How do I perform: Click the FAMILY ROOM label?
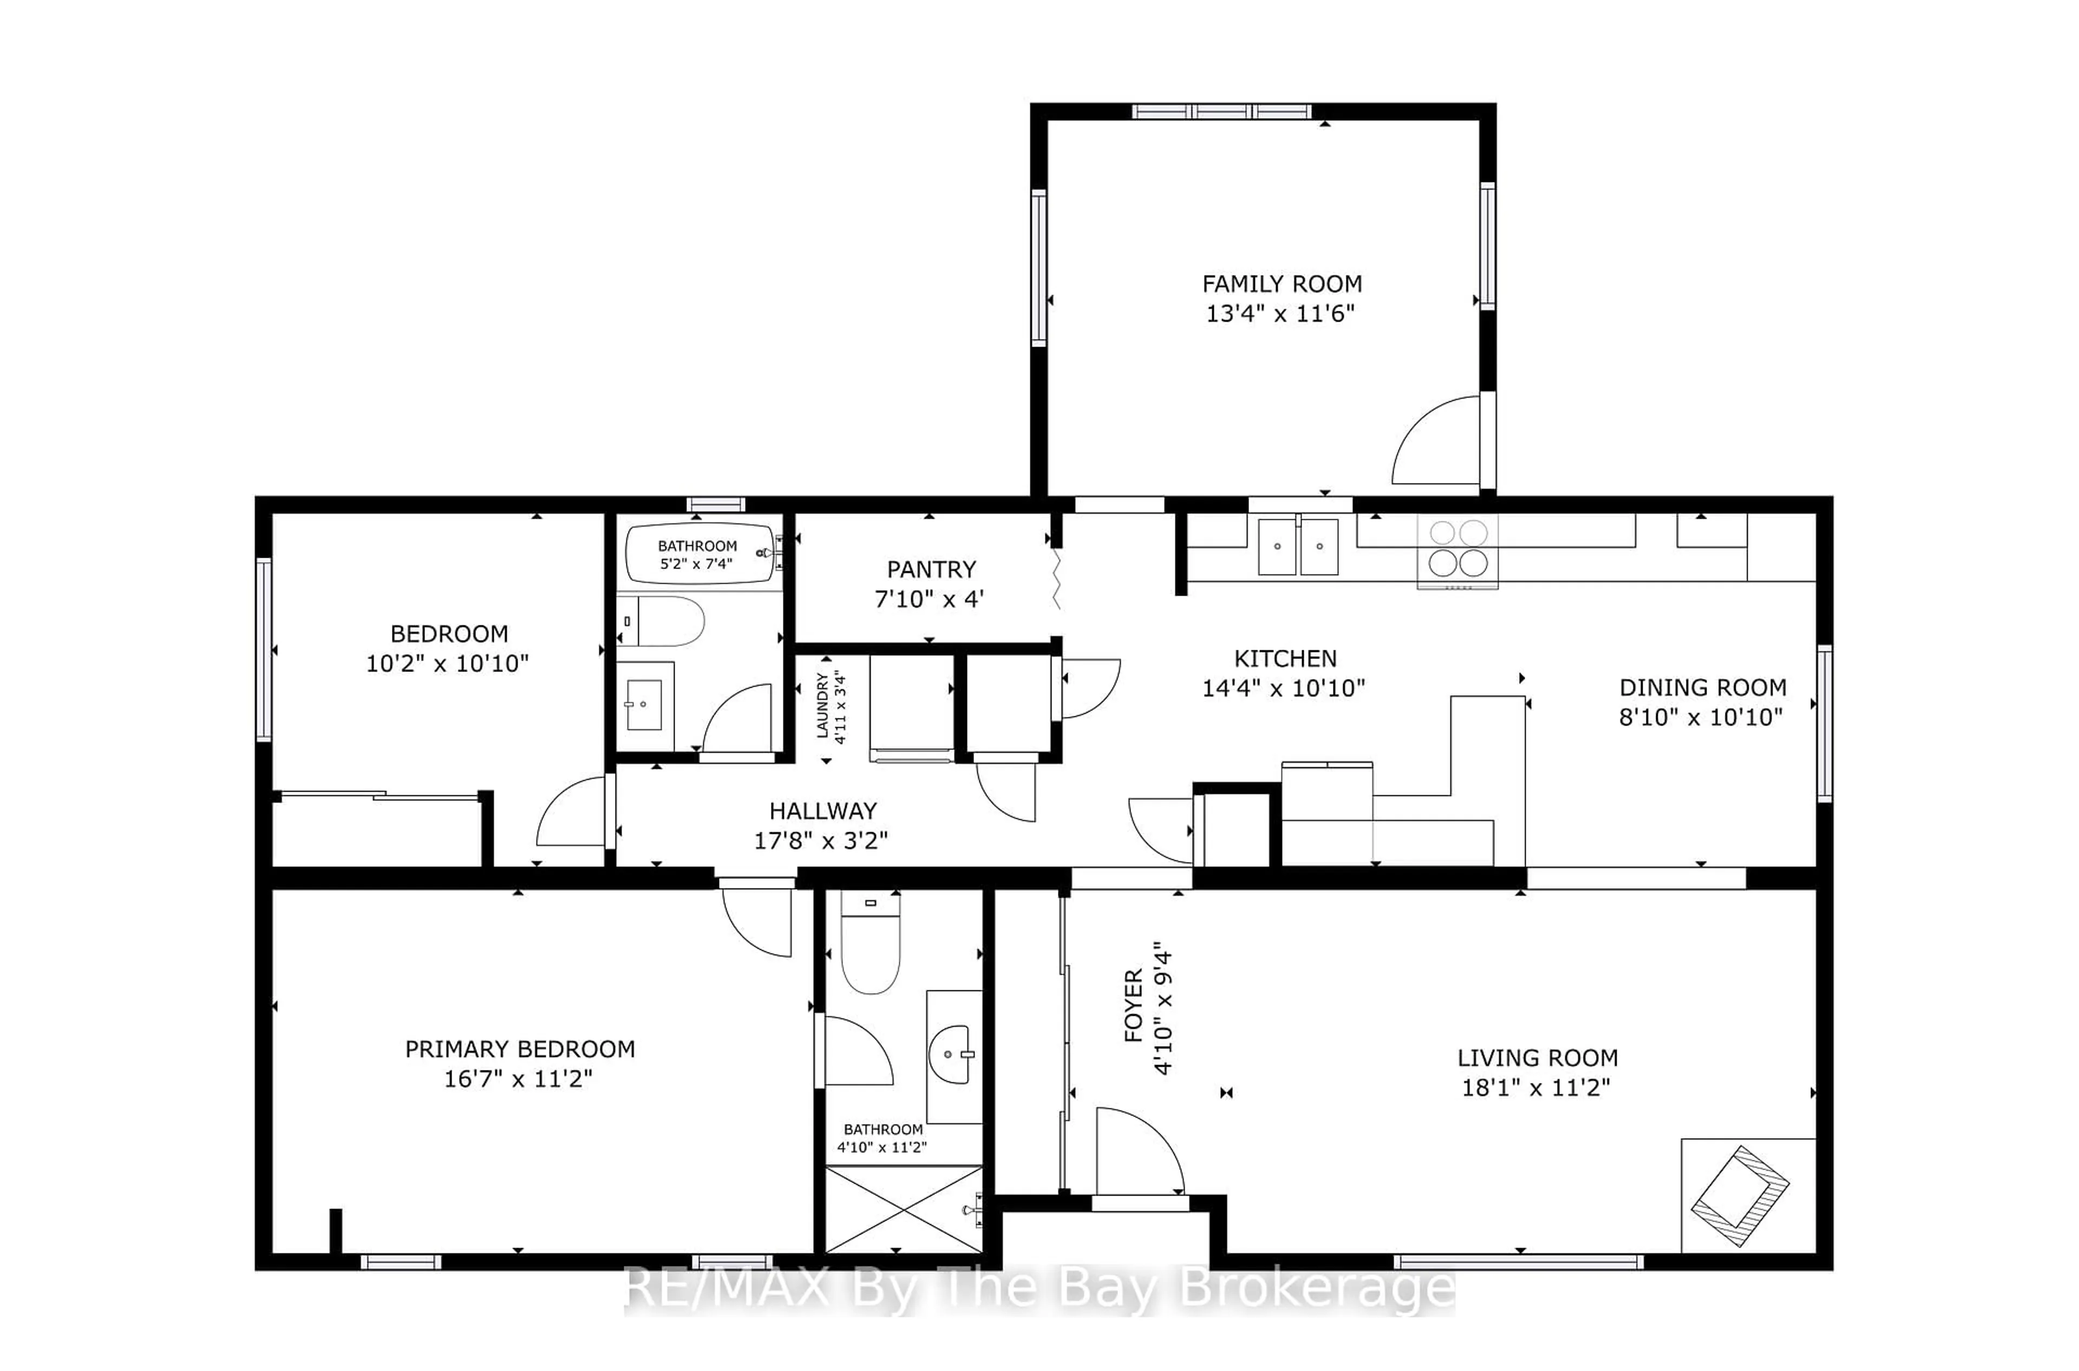click(x=1281, y=284)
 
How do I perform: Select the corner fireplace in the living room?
click(x=1740, y=1195)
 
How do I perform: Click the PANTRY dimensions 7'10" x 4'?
click(x=930, y=599)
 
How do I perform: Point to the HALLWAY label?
click(x=823, y=811)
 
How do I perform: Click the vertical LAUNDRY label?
click(x=823, y=705)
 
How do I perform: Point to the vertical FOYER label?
click(x=1133, y=1006)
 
